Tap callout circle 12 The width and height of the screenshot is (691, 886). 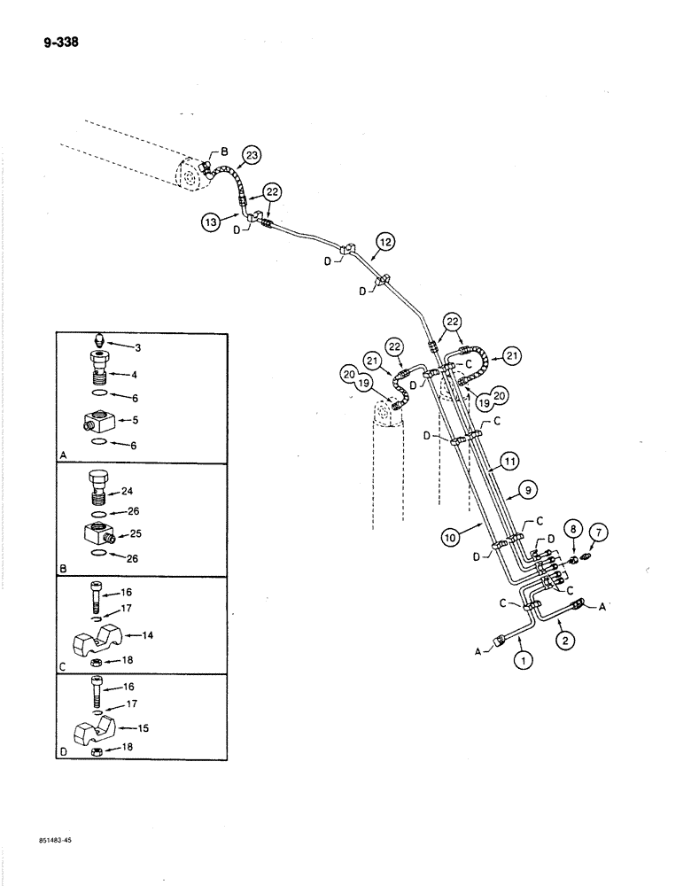383,241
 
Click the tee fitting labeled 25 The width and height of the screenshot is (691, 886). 93,538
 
